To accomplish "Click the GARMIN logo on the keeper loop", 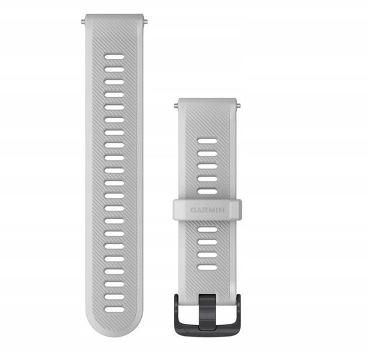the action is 207,210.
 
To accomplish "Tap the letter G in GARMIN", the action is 193,210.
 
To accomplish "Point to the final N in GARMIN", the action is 221,210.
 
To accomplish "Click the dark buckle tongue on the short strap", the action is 207,311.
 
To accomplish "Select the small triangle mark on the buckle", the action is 187,331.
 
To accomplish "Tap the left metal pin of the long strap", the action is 83,22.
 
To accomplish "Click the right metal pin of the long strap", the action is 145,22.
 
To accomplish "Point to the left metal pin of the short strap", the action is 176,106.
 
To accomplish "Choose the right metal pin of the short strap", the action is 238,106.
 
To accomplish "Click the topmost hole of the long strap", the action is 114,57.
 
